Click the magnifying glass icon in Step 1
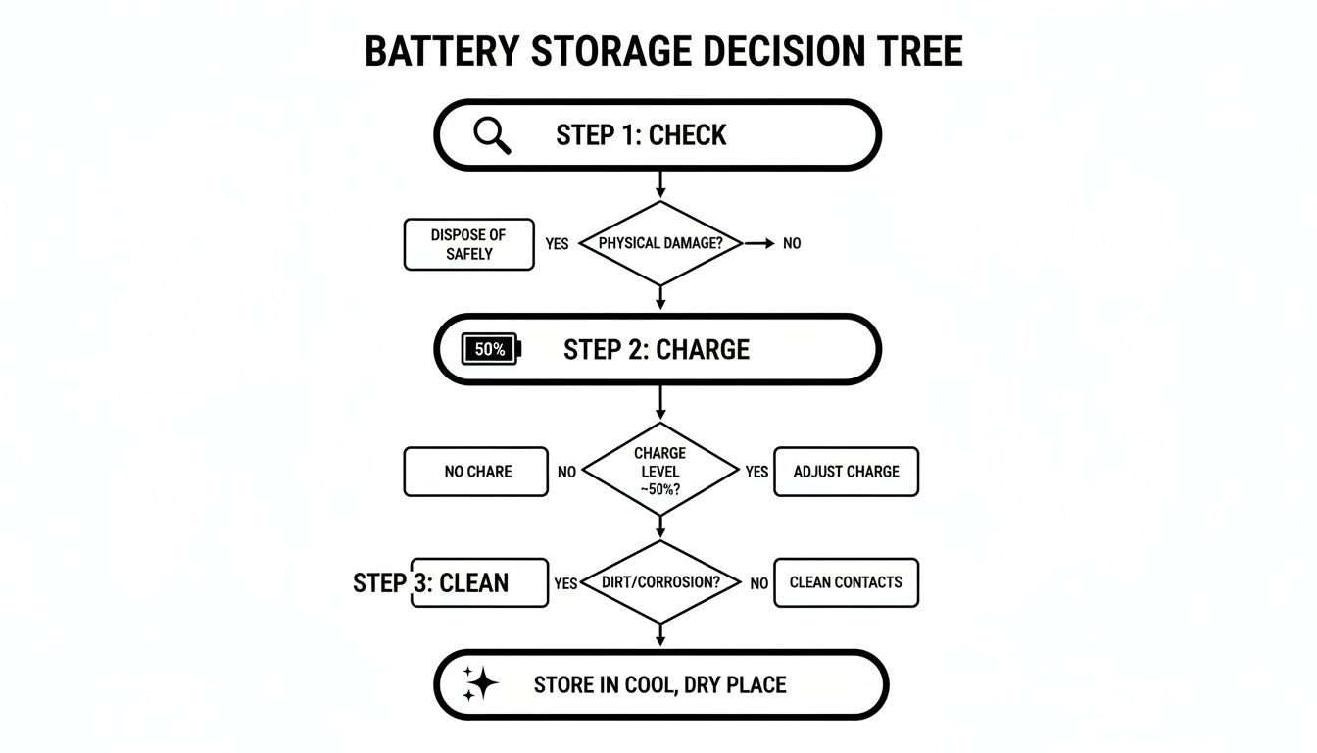pos(492,135)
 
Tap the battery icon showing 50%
pos(491,349)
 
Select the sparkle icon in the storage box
pos(480,683)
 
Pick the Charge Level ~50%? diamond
pos(659,471)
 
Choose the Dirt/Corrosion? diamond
pos(659,582)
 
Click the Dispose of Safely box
pos(468,244)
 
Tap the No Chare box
pos(476,472)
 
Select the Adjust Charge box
pos(846,472)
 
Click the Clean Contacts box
pos(846,582)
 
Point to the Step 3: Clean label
pos(431,583)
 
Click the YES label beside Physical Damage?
pos(557,244)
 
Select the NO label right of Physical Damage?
pos(792,243)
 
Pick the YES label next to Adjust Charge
pos(756,472)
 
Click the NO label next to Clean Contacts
pos(758,583)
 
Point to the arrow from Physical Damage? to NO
pos(758,242)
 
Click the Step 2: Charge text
pos(656,350)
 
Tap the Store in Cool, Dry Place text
pos(659,684)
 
